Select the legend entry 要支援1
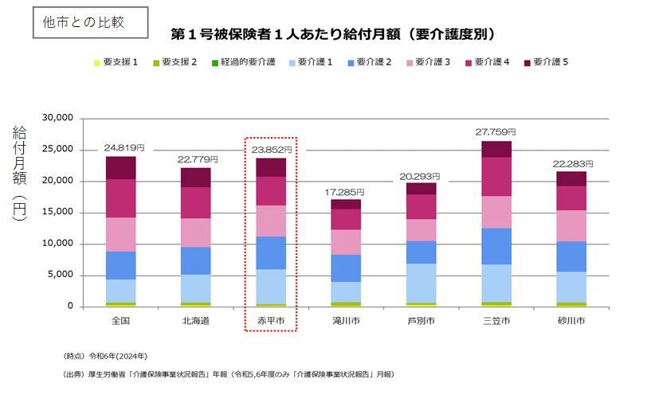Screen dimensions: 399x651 point(116,61)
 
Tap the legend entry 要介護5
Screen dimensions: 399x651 point(546,61)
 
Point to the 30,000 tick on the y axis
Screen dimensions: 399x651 point(57,118)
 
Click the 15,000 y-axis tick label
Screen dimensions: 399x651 point(57,213)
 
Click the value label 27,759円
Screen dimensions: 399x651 point(496,131)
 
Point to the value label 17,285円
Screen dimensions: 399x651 point(344,192)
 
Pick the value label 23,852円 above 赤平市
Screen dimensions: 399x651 point(271,149)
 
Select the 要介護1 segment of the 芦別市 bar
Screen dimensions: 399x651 point(421,283)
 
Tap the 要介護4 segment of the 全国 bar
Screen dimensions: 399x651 point(120,198)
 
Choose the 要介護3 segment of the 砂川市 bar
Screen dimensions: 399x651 point(571,225)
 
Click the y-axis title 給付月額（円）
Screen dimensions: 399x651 point(20,173)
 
